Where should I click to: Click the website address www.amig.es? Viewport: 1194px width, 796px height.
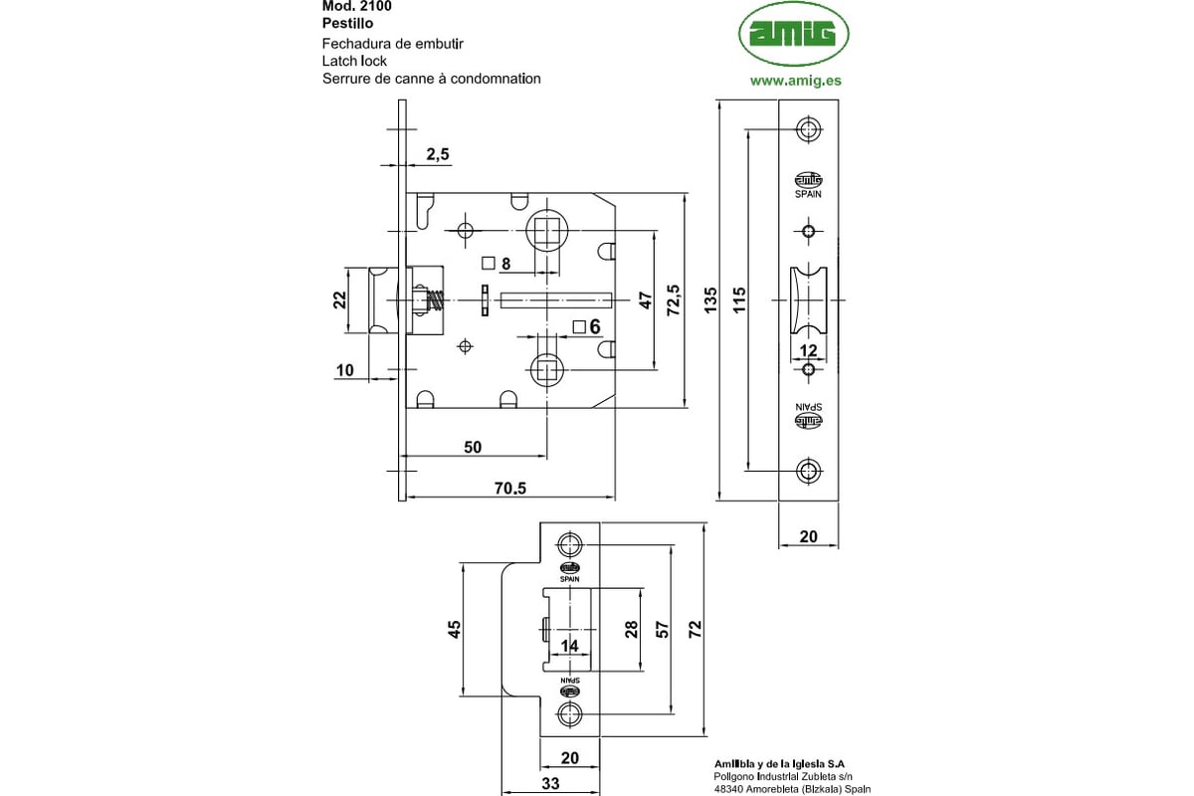click(795, 80)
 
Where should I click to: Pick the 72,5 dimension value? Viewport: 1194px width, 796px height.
click(674, 300)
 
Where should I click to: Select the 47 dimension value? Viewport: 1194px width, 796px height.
click(645, 300)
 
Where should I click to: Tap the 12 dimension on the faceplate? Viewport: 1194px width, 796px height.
click(808, 350)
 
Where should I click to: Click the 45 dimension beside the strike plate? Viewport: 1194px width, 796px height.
click(454, 629)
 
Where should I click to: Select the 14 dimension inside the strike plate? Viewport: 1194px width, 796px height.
click(569, 646)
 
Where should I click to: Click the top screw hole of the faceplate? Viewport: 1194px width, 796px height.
click(808, 130)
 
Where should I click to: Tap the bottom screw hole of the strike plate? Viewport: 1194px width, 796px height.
click(570, 712)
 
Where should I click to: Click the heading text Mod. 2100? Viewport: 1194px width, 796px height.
click(356, 6)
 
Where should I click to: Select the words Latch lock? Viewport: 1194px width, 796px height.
click(354, 61)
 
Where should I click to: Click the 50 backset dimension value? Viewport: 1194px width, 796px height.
click(473, 448)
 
